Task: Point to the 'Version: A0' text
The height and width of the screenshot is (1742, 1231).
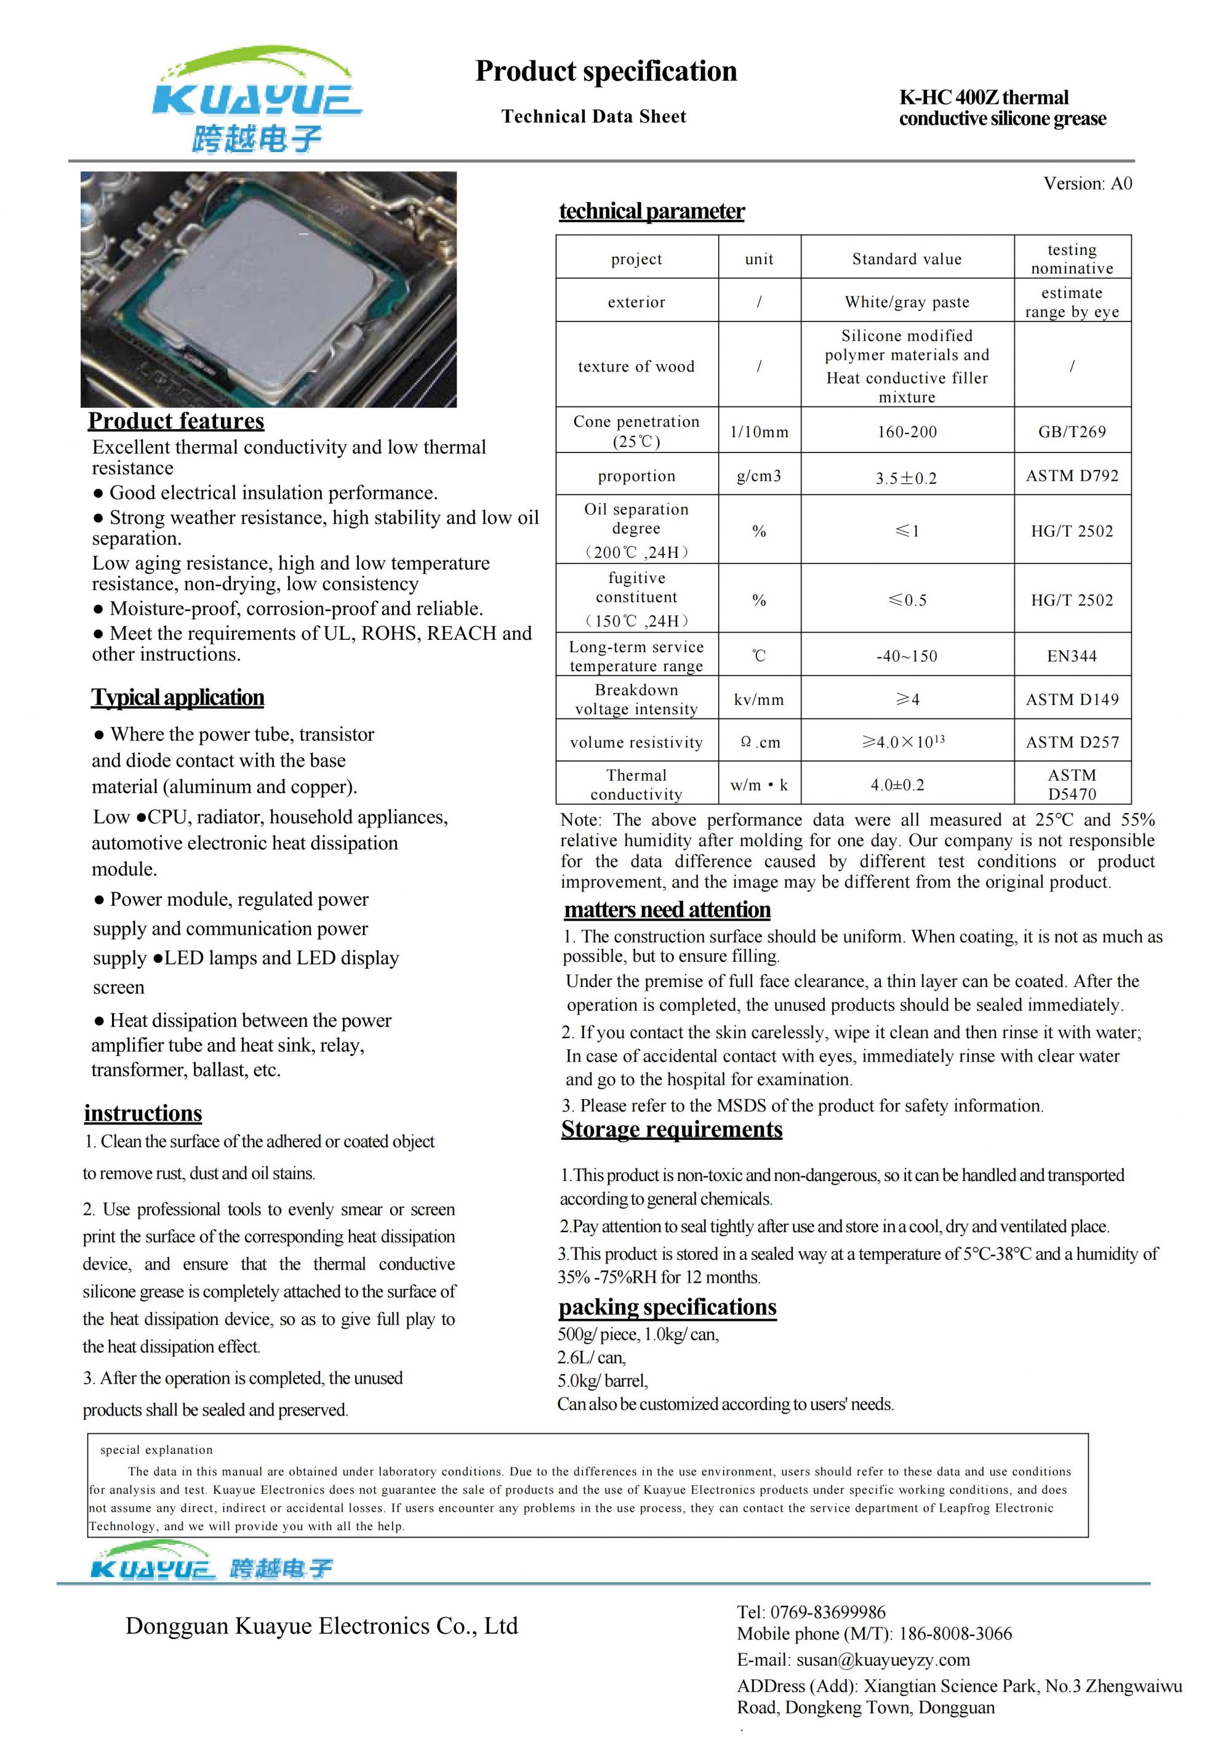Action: point(1087,183)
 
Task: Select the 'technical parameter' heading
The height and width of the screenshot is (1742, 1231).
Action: point(652,211)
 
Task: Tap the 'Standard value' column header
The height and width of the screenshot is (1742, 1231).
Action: point(907,259)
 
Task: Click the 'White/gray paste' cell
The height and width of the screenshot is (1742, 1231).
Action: point(907,302)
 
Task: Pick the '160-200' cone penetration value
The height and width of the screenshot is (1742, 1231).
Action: point(907,432)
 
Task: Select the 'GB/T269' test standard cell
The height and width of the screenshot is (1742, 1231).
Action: point(1072,432)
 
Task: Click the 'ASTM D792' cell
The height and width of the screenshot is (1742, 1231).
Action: point(1072,476)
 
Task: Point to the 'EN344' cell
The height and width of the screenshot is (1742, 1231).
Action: point(1072,656)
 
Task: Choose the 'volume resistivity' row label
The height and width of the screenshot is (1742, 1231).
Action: point(636,743)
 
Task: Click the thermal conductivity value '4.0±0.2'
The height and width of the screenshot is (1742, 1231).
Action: point(897,784)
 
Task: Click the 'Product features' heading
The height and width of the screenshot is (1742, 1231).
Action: point(176,421)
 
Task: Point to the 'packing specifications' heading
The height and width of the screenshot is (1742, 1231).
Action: point(667,1307)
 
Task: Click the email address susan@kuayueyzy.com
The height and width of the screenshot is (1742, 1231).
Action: point(884,1659)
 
